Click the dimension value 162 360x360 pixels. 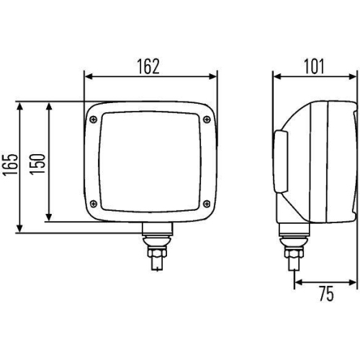coord(148,66)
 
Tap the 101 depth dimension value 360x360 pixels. coord(314,66)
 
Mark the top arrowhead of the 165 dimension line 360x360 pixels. coord(21,105)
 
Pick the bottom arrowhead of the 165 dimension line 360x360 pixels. coord(21,228)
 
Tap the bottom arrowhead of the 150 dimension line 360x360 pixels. coord(48,217)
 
